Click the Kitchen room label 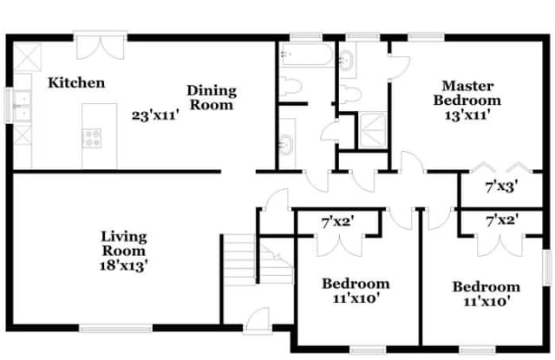(76, 82)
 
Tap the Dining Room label (212, 98)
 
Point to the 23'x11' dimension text (155, 115)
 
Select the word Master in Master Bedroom (467, 86)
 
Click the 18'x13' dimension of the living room (123, 265)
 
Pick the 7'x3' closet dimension (501, 187)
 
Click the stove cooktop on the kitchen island (92, 138)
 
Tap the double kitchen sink (22, 106)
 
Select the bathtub (306, 55)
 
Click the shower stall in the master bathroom (373, 130)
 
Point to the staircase (258, 259)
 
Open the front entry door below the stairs (258, 321)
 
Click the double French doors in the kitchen (101, 46)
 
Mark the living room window (115, 329)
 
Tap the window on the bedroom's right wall (547, 267)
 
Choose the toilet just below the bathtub (291, 87)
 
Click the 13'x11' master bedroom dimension (467, 115)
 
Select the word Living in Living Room (124, 237)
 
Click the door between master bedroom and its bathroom (399, 67)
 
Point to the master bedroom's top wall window (426, 36)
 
